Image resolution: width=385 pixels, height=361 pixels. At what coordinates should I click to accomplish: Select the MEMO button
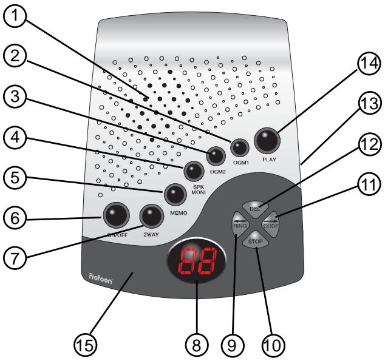[175, 194]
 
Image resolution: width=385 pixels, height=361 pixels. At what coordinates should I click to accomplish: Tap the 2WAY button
[150, 215]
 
